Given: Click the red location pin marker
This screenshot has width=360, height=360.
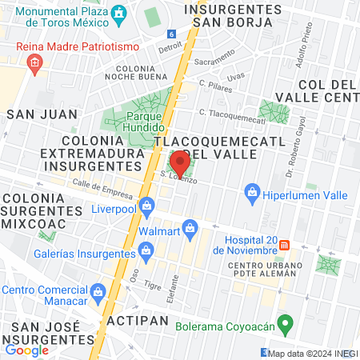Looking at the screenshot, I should pyautogui.click(x=180, y=162).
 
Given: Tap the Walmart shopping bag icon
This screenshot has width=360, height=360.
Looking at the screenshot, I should pyautogui.click(x=190, y=229).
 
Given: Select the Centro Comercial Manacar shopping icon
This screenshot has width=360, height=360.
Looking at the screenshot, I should pyautogui.click(x=98, y=290).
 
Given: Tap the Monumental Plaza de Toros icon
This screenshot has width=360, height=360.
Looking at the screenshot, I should pyautogui.click(x=119, y=14).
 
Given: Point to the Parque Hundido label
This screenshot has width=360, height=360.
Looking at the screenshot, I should pyautogui.click(x=145, y=122).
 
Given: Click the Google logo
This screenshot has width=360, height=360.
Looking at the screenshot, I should pyautogui.click(x=26, y=350).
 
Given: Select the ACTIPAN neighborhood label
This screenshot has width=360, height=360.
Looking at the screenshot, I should pyautogui.click(x=138, y=320).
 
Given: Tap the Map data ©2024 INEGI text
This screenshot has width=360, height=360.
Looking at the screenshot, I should pyautogui.click(x=313, y=353).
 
